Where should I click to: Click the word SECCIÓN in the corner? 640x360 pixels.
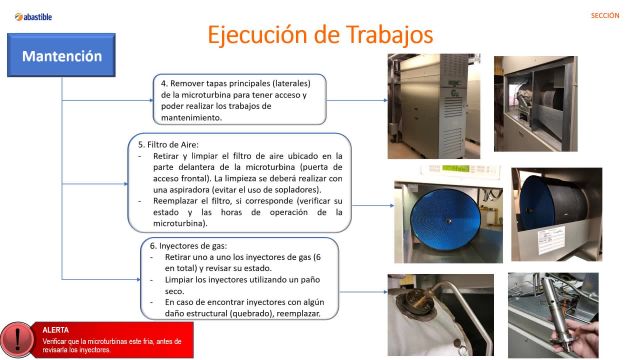coord(606,16)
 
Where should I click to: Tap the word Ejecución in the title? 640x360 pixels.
coord(262,35)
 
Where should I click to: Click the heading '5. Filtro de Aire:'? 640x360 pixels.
coord(168,144)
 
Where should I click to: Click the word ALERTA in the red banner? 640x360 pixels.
coord(57,328)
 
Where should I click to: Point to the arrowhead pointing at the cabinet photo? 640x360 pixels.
coord(384,100)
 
